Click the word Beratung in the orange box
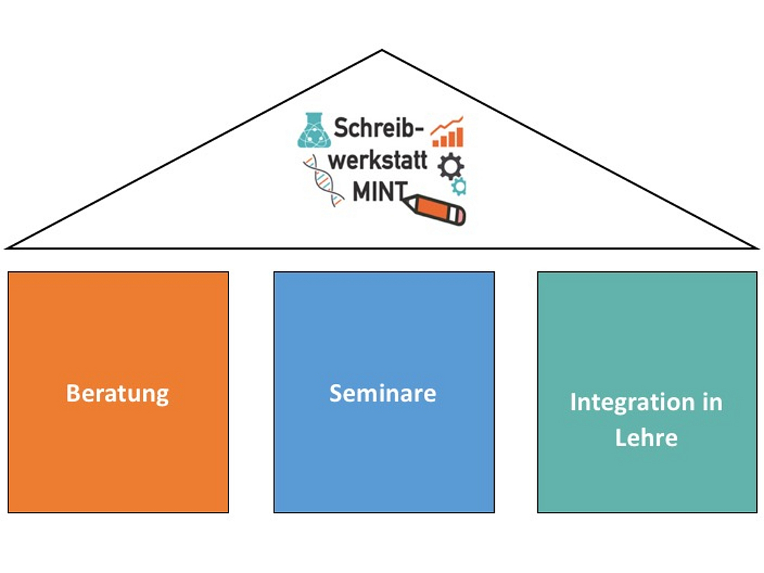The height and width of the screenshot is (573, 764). point(117,393)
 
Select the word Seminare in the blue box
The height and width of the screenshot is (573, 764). point(383,393)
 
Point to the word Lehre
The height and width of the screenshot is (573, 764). point(646,438)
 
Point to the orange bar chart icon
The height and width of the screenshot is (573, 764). point(448,132)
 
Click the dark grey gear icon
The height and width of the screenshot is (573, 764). point(450,166)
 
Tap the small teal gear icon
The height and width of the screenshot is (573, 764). point(459,186)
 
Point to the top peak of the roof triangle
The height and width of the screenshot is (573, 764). point(382,50)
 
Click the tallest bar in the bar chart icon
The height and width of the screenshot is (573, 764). point(459,136)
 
